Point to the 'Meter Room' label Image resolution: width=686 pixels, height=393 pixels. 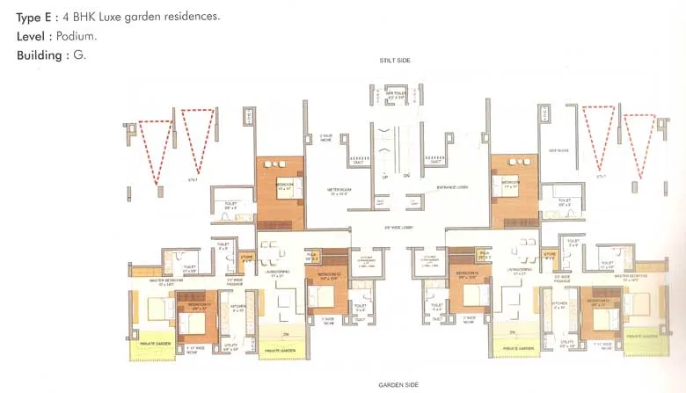(339, 190)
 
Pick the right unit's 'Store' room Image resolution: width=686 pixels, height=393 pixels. (550, 258)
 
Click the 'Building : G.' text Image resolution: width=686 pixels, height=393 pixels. (50, 55)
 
